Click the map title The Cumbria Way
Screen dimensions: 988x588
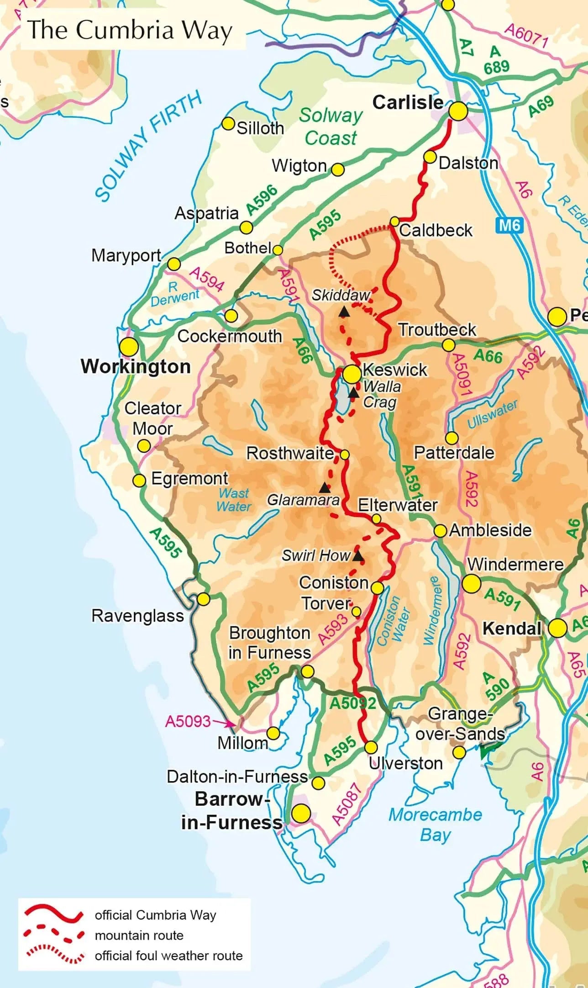pos(130,30)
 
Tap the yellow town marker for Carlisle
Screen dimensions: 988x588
pos(458,111)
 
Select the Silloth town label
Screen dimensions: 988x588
pos(260,128)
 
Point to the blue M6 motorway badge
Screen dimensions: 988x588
pos(509,225)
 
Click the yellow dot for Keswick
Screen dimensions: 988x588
pos(352,374)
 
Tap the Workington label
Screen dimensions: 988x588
pos(136,367)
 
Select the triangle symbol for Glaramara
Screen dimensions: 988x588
pos(324,487)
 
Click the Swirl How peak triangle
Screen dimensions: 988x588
pos(358,556)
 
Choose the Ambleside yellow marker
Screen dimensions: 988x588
pos(440,531)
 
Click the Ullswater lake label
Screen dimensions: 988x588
pos(492,414)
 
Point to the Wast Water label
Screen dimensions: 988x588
pos(234,500)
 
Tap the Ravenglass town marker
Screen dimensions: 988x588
pos(203,599)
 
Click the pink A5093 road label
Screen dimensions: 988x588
pos(188,721)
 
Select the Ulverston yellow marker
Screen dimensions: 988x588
pos(371,747)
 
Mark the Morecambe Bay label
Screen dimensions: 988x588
pos(435,824)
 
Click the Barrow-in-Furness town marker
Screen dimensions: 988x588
pos(301,814)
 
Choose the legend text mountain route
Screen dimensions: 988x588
pos(139,935)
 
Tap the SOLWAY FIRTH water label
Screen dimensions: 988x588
pos(148,145)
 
